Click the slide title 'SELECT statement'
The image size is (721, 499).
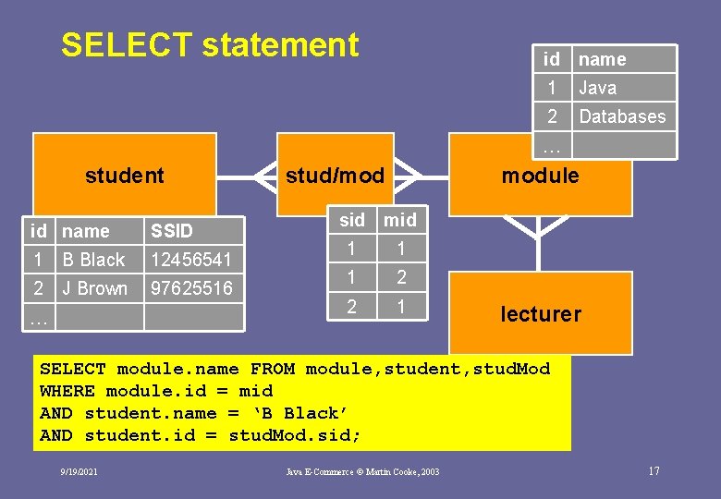tap(209, 44)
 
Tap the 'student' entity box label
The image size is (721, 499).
tap(124, 176)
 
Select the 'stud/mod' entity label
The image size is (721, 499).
tap(335, 176)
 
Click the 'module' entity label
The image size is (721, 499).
tap(540, 176)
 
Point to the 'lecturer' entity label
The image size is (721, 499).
tap(540, 314)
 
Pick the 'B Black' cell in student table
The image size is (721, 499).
tap(93, 260)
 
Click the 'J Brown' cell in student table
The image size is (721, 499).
tap(94, 288)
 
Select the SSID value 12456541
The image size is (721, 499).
tap(191, 260)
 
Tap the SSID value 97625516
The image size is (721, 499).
tap(191, 288)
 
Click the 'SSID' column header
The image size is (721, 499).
tap(171, 231)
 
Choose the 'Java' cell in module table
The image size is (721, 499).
tap(597, 88)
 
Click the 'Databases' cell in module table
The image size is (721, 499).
tap(622, 116)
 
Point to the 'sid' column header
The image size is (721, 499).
tap(352, 220)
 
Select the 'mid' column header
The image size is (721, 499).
tap(400, 220)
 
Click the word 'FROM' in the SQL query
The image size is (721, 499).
tap(272, 369)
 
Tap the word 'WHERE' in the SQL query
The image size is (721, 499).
tap(67, 391)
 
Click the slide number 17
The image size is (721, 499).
tap(654, 471)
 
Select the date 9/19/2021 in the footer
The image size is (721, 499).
tap(79, 472)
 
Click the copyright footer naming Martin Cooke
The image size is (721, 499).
tap(362, 472)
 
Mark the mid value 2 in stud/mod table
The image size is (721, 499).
tap(400, 277)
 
